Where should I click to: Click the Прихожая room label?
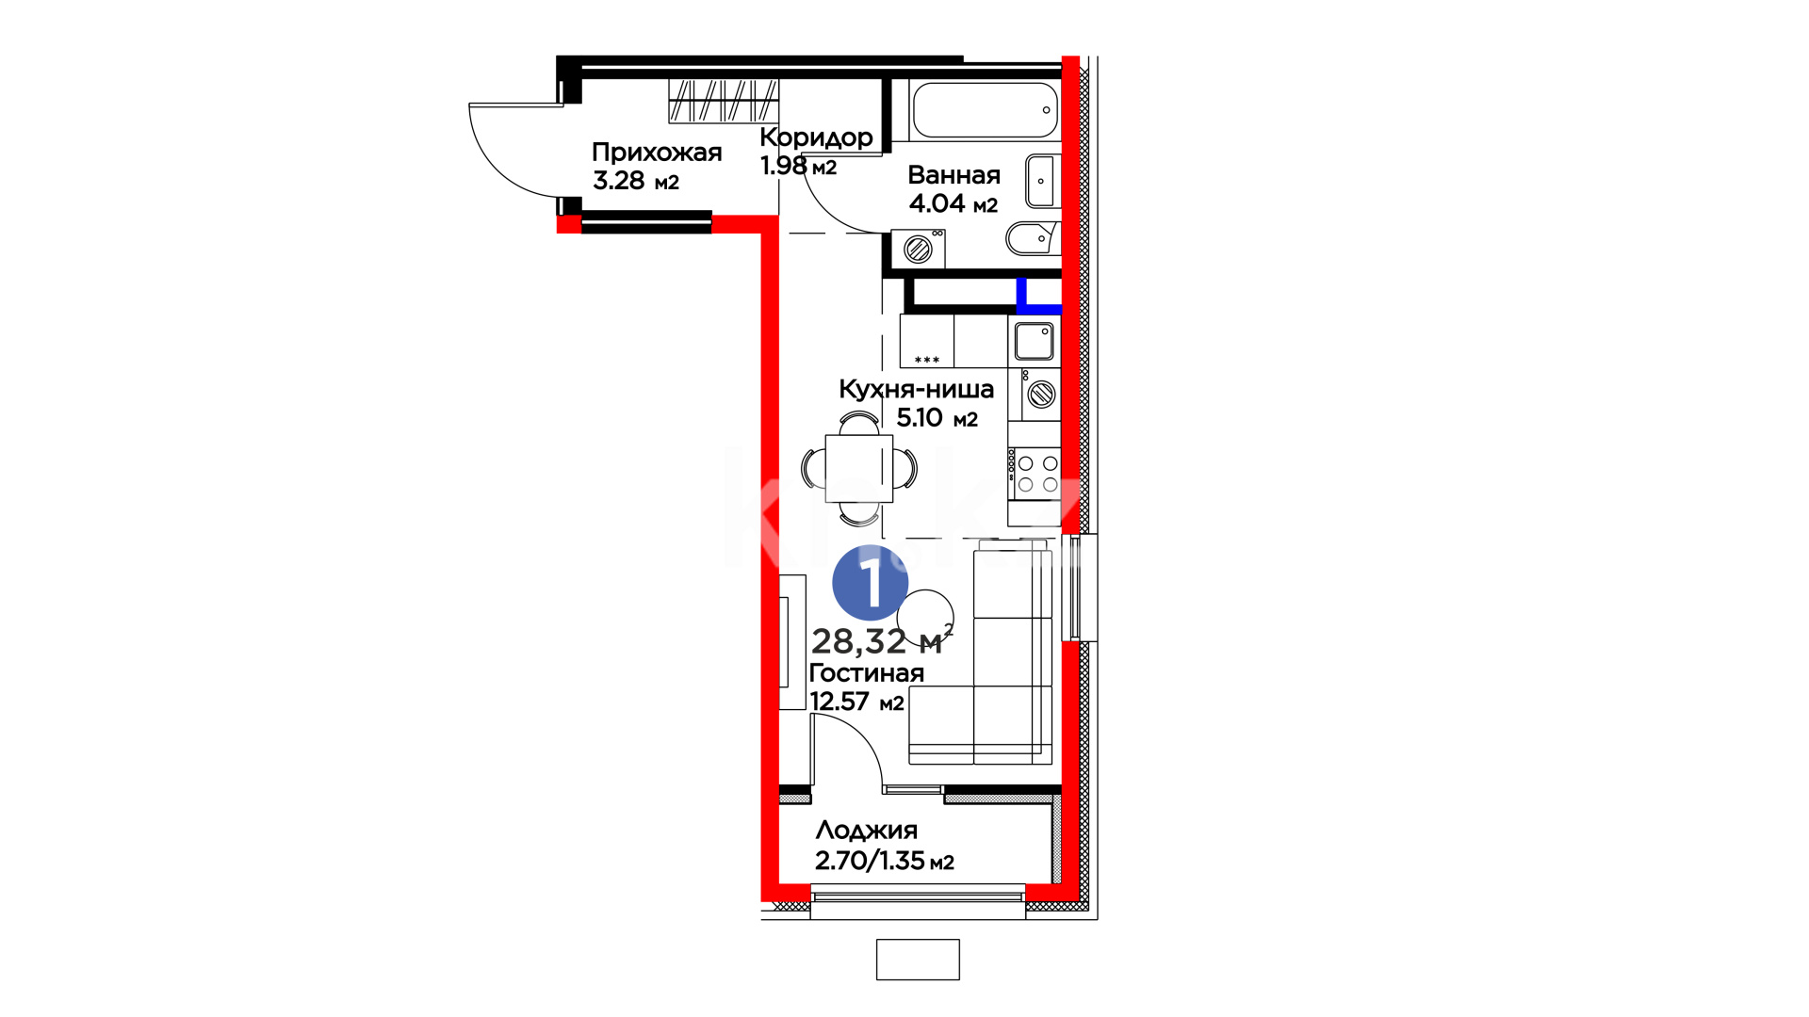(x=657, y=153)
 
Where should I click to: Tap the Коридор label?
(x=816, y=137)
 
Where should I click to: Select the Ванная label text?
(x=953, y=175)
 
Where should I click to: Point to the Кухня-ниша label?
(x=916, y=389)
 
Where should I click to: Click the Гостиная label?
(x=866, y=673)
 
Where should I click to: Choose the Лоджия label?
(x=866, y=831)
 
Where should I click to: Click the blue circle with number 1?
(x=870, y=583)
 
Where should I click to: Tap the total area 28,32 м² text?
(x=882, y=640)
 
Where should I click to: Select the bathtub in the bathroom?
(x=985, y=110)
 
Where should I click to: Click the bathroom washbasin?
(x=1042, y=180)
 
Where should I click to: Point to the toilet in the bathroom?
(x=1033, y=238)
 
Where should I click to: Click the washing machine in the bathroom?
(x=918, y=249)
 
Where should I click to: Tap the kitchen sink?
(x=1034, y=342)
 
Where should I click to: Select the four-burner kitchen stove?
(x=1034, y=474)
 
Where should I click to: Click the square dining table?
(x=858, y=468)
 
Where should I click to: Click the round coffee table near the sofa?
(x=925, y=618)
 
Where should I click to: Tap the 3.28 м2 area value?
(x=636, y=181)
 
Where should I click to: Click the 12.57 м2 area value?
(x=856, y=702)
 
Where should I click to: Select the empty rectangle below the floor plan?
(x=918, y=960)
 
